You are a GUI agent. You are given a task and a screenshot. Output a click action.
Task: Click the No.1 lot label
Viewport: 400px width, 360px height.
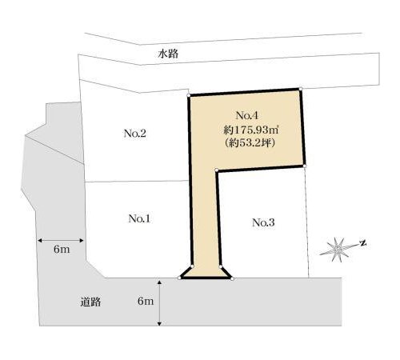point(139,218)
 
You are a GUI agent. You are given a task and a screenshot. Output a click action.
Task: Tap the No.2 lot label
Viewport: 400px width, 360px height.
point(135,134)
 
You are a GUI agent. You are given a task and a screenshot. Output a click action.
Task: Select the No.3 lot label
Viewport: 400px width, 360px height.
point(263,222)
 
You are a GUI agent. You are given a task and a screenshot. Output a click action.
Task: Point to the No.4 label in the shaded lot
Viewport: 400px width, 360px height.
point(247,115)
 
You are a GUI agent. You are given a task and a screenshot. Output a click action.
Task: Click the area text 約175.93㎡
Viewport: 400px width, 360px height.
point(250,130)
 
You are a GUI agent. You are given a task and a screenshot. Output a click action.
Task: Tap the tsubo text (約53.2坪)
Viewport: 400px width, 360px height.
point(250,143)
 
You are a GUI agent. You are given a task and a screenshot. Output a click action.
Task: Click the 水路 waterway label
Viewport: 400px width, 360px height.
point(168,54)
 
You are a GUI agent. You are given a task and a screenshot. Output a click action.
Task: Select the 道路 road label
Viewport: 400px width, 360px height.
point(91,302)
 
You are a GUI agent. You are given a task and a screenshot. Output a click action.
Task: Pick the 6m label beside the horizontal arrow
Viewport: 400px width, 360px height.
point(62,250)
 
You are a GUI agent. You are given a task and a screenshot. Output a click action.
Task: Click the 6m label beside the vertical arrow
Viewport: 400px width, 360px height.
point(146,301)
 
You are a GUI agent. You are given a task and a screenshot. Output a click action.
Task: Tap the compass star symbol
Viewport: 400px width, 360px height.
point(338,250)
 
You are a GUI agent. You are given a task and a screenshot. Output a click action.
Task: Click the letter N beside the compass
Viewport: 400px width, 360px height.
point(363,243)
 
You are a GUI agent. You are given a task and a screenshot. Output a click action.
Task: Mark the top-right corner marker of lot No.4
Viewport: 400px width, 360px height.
point(301,89)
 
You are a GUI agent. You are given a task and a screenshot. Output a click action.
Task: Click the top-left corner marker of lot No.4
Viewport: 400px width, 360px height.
point(189,95)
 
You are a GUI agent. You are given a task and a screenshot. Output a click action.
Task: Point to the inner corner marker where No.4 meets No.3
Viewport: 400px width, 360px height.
point(217,170)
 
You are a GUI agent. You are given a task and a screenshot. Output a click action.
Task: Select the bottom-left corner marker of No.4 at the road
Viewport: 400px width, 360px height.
point(179,278)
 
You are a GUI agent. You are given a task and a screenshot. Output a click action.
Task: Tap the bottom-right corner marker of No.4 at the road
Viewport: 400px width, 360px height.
point(232,278)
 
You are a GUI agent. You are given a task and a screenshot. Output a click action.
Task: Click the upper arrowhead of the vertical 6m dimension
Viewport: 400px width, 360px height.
point(159,282)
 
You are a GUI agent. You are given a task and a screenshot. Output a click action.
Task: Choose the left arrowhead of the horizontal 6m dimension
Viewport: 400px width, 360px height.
point(39,241)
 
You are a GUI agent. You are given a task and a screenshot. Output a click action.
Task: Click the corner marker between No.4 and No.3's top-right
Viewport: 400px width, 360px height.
point(305,166)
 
